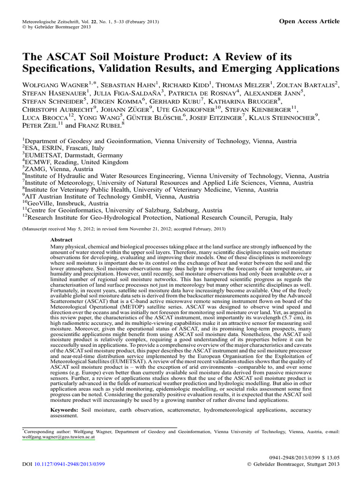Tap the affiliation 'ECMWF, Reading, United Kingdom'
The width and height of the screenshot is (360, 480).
click(x=77, y=162)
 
